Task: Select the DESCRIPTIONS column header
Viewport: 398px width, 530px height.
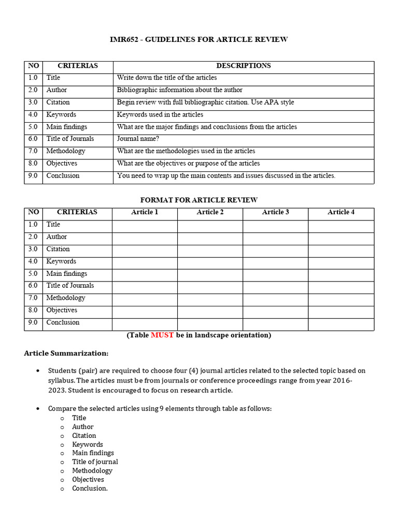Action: (243, 66)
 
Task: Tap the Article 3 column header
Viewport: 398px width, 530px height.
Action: (275, 212)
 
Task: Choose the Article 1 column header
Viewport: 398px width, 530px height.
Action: (145, 212)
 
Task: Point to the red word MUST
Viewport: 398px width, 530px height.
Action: (162, 335)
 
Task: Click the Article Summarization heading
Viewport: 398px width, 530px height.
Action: (66, 353)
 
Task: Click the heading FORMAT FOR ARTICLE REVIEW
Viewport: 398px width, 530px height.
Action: (199, 200)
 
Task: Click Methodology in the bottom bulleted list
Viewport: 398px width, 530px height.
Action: (92, 470)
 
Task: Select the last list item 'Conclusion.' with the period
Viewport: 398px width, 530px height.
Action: (90, 488)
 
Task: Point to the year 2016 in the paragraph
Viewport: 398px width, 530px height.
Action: (343, 380)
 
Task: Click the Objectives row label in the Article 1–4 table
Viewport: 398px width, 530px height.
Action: (62, 310)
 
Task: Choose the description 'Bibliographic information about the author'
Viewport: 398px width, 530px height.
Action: (179, 90)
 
